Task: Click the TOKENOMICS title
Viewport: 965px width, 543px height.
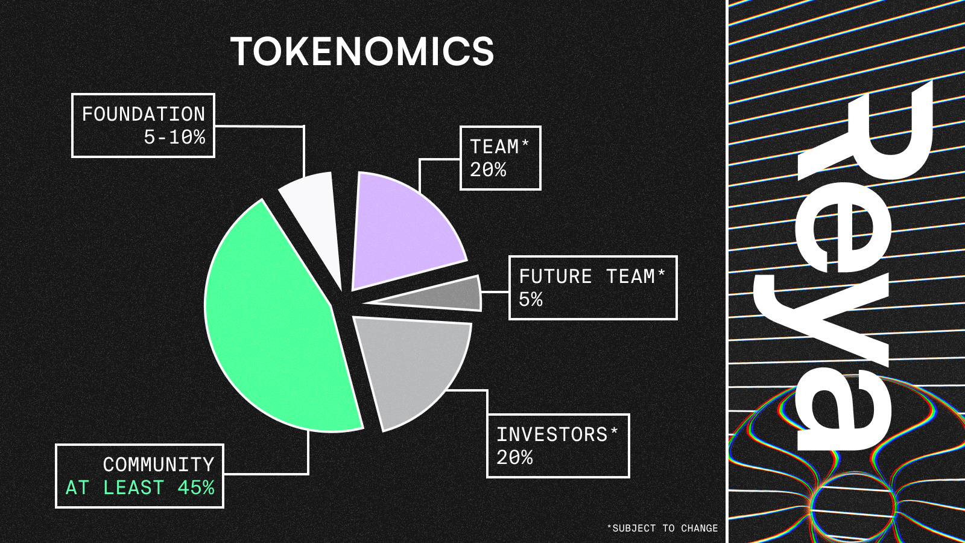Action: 362,51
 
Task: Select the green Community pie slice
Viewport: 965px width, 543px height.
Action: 276,319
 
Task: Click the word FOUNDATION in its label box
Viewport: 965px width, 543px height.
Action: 144,115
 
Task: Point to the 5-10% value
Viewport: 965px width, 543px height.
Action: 174,138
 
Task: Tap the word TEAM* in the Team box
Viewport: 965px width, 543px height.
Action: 500,147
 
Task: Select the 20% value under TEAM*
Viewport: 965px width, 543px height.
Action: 488,170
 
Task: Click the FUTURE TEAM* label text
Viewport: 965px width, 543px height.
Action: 592,276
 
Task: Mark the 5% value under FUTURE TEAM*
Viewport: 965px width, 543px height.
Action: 531,299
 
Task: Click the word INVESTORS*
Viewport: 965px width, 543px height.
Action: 557,434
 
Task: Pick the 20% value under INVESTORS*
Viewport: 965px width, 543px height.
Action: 515,458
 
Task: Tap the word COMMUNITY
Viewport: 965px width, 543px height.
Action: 159,465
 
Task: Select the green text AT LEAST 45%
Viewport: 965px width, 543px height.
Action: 140,488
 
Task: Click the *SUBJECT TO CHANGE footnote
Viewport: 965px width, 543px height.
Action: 663,528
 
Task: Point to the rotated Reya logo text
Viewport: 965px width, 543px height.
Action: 844,265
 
